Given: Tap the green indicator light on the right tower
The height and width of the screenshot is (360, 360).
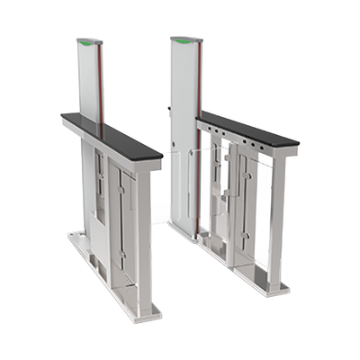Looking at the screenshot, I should coord(180,40).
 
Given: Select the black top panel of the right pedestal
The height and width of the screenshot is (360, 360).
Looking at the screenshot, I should coord(248,128).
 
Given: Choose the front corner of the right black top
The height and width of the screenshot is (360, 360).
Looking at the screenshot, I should coord(300,140).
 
